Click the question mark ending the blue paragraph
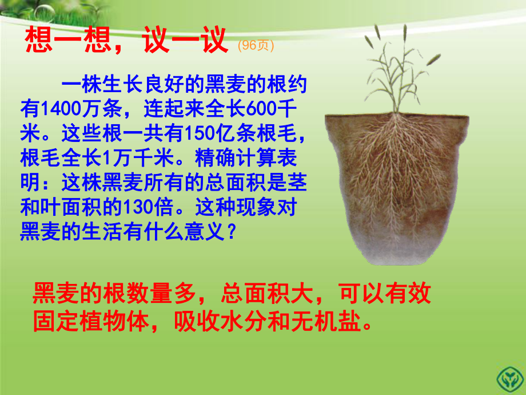(x=231, y=231)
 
